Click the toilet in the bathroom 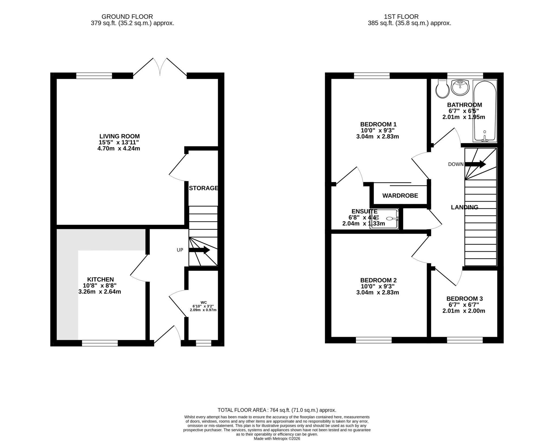pyautogui.click(x=443, y=89)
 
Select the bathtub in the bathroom pyautogui.click(x=485, y=111)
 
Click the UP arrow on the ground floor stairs pyautogui.click(x=199, y=250)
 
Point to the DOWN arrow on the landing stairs pyautogui.click(x=475, y=164)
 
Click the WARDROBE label pyautogui.click(x=400, y=196)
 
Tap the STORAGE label pyautogui.click(x=203, y=188)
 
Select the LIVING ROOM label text pyautogui.click(x=119, y=136)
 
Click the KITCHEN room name pyautogui.click(x=100, y=279)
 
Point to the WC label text pyautogui.click(x=204, y=302)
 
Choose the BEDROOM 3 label pyautogui.click(x=464, y=299)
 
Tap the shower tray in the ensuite pyautogui.click(x=385, y=219)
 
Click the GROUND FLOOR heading pyautogui.click(x=127, y=17)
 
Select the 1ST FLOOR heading pyautogui.click(x=401, y=17)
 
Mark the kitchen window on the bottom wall pyautogui.click(x=100, y=343)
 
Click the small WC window pyautogui.click(x=203, y=343)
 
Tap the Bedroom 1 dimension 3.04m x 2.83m pyautogui.click(x=378, y=137)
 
